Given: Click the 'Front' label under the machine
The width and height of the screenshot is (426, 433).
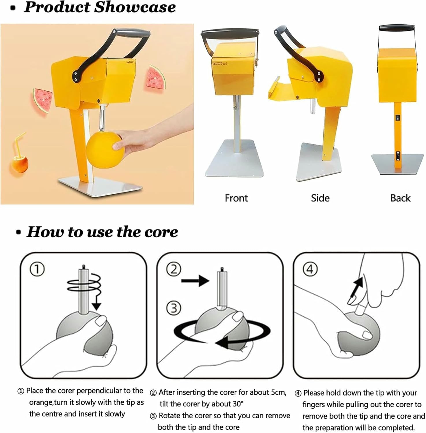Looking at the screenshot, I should tap(236, 198).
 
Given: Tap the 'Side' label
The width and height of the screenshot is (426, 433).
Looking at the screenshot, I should tap(320, 198).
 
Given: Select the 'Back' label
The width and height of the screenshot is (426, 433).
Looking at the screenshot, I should tap(400, 198).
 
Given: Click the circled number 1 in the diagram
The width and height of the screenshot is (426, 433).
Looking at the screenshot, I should tap(38, 269).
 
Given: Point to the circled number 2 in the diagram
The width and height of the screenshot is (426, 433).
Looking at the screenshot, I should tap(174, 269).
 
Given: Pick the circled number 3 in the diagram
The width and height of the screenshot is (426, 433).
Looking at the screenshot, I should tap(174, 308).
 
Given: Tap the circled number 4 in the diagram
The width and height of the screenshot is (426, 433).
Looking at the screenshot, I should tap(310, 269).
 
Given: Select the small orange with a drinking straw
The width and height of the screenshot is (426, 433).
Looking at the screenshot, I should tap(20, 163).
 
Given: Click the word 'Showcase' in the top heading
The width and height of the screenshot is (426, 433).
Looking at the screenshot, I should tap(135, 7).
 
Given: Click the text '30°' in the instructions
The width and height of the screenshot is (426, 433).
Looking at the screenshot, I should tap(236, 404).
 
